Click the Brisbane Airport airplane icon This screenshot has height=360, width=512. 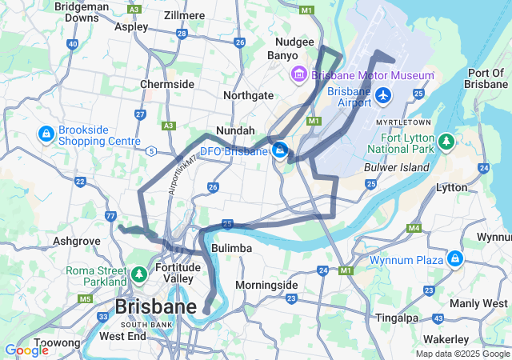click(383, 96)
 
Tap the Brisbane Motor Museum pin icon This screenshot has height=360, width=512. click(299, 75)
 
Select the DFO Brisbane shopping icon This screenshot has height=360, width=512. click(279, 150)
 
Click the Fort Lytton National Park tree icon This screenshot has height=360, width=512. click(446, 142)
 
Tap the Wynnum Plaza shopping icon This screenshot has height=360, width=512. click(455, 258)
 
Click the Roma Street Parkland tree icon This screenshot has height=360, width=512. click(138, 275)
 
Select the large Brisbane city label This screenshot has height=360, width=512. click(155, 307)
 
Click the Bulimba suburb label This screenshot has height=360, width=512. click(231, 249)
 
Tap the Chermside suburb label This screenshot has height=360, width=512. click(166, 84)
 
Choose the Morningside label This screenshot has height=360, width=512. click(266, 285)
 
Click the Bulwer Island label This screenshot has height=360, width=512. click(396, 167)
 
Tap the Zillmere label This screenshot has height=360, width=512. click(184, 15)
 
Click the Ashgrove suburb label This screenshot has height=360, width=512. click(76, 240)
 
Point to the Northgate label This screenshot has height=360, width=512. click(248, 95)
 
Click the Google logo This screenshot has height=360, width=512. click(26, 350)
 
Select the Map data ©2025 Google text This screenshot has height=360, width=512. click(462, 354)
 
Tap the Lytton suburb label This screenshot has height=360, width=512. click(452, 186)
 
